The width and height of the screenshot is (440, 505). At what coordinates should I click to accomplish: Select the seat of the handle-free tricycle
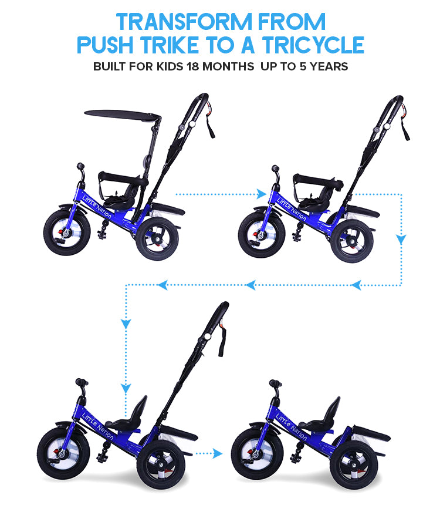point(324,417)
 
